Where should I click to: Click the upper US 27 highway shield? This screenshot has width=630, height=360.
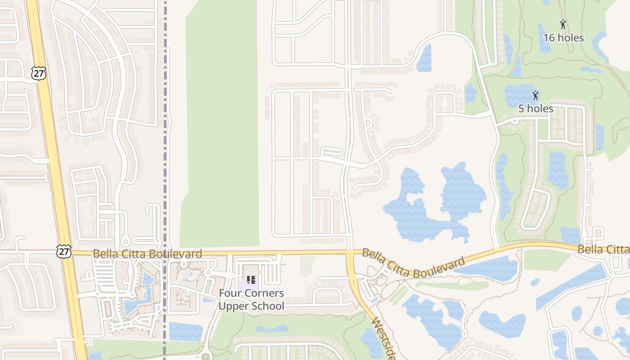(39, 73)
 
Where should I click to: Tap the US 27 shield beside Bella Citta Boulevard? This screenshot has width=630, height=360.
(64, 251)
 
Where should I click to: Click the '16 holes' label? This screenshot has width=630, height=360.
(563, 38)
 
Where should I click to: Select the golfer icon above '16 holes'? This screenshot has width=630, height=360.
(562, 24)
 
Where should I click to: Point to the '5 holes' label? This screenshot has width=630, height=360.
(535, 108)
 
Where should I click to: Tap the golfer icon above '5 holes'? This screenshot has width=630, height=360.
(535, 95)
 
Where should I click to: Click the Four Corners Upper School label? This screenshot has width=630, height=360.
(251, 300)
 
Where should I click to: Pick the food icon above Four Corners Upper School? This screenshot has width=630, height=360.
(251, 280)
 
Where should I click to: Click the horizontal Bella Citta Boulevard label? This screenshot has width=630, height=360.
(148, 254)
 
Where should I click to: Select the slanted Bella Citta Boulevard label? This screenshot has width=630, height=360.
(413, 263)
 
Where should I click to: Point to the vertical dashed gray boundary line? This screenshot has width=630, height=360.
(165, 135)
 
